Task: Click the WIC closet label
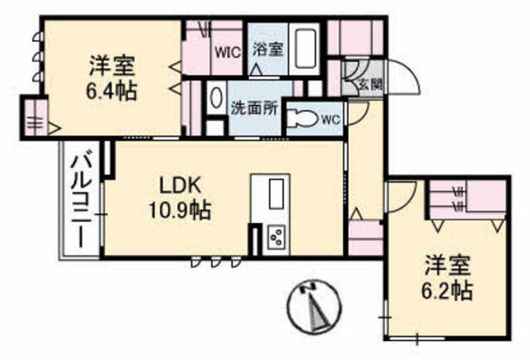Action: (229, 52)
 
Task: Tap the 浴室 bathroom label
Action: (267, 50)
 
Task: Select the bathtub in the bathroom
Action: (304, 49)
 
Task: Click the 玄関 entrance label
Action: (370, 84)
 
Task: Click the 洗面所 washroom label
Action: (254, 108)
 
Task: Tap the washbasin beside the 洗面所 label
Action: (215, 98)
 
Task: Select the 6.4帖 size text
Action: (112, 91)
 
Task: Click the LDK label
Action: (181, 185)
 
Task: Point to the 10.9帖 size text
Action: (181, 210)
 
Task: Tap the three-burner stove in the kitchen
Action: (277, 237)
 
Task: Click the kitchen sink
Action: (276, 194)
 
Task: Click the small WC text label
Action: (330, 119)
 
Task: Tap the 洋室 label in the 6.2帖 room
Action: (448, 266)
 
